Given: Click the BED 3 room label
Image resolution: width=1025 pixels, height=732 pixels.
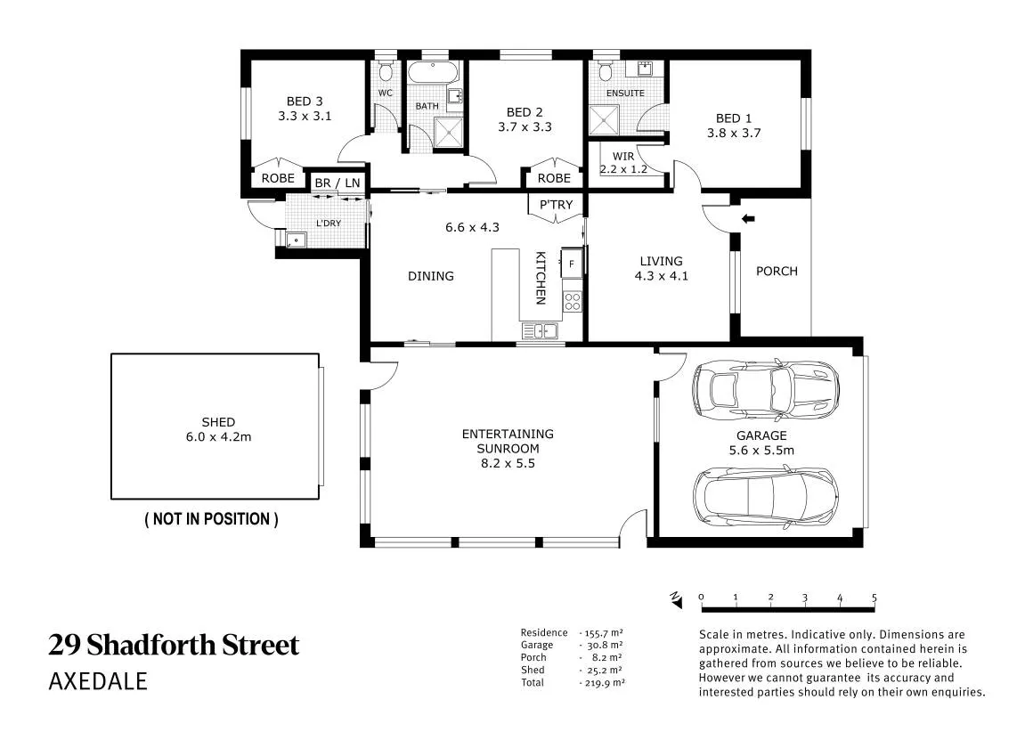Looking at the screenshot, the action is coord(305,102).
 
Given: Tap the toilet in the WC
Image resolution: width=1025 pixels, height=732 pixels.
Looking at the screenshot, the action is coord(386,69).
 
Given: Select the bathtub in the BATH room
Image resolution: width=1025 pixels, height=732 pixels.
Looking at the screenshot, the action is coord(433,72).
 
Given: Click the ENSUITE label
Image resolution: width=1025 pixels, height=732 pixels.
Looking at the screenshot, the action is coord(625,93).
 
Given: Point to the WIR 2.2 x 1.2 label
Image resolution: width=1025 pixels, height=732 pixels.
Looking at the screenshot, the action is coord(623,163).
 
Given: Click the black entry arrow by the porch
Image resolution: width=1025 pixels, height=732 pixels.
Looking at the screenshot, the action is coord(748,219).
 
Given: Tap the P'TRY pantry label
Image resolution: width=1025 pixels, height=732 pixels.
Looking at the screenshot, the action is coord(556,205).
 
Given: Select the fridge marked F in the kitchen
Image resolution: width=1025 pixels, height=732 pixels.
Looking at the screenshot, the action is coord(572,264).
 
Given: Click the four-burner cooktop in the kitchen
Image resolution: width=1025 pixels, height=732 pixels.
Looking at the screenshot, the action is coord(572,301).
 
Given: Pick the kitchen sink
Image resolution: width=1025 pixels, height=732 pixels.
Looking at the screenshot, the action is coord(540,331).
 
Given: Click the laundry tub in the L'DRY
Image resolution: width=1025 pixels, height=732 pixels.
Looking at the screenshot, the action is coord(297,240).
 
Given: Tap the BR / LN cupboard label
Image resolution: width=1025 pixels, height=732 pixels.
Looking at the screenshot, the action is coord(338,183).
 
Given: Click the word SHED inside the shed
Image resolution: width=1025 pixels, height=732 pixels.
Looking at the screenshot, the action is coord(218,422).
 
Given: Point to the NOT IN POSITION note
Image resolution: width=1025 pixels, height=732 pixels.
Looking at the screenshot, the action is coord(211,519).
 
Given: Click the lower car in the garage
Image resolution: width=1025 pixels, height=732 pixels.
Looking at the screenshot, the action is coord(766,495).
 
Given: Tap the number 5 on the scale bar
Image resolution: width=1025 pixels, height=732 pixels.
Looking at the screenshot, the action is coord(874,598).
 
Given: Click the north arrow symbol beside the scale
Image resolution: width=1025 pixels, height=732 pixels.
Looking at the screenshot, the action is coord(676,599).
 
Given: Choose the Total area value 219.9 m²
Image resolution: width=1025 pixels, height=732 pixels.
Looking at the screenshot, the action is coord(601,682).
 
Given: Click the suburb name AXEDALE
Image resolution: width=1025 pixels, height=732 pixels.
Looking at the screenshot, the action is coord(98,681).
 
